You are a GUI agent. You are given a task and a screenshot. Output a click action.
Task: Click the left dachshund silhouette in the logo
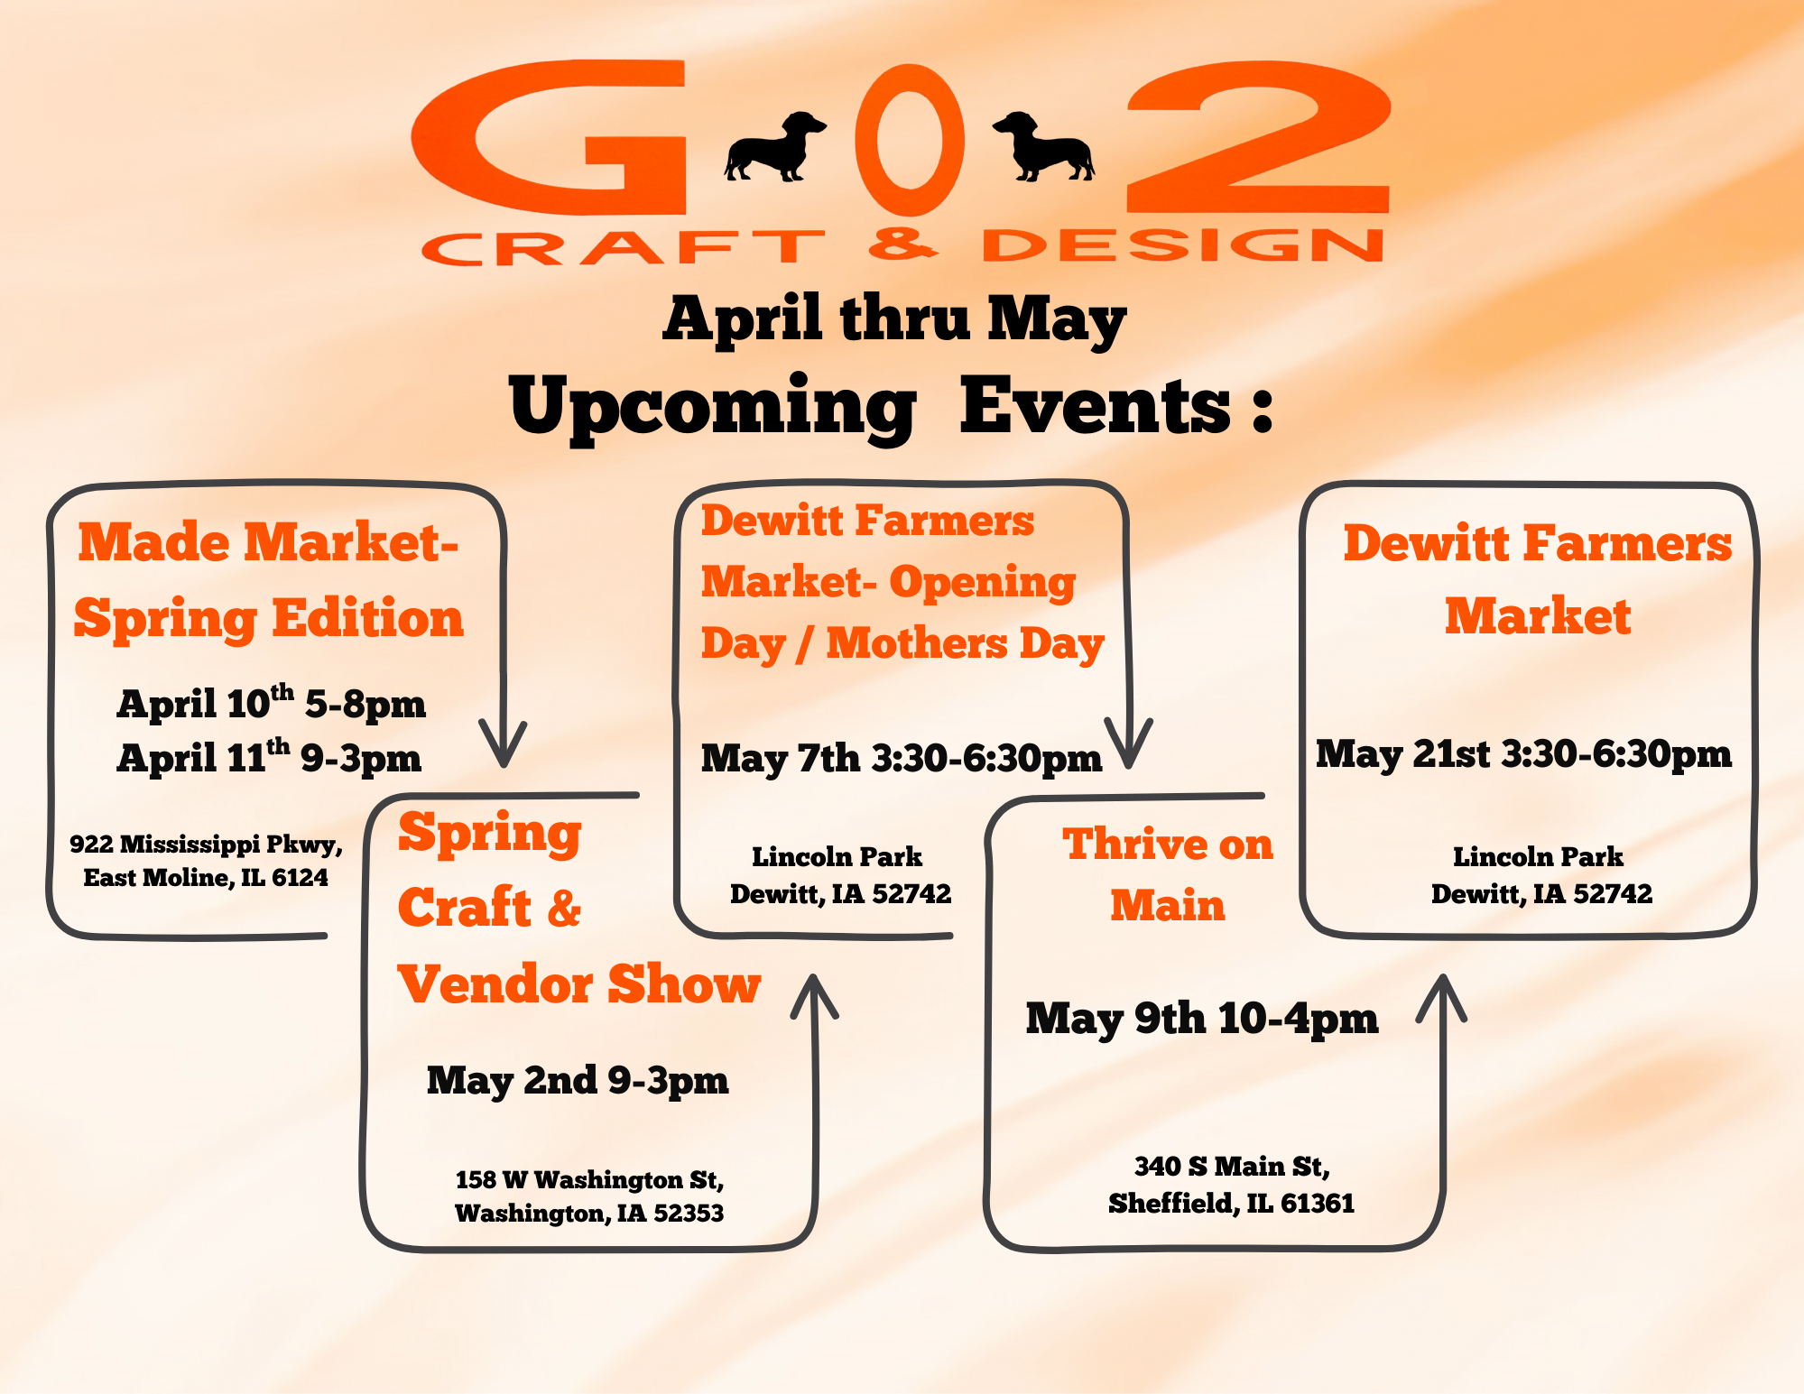click(x=774, y=148)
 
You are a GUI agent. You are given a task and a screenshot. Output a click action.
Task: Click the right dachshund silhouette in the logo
click(x=1045, y=147)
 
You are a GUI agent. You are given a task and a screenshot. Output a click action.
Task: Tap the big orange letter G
click(x=550, y=137)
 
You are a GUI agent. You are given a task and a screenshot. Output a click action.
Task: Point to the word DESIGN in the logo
click(x=1183, y=245)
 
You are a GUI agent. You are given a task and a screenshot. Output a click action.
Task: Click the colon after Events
click(x=1263, y=411)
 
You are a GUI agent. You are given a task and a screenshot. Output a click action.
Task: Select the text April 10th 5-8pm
click(x=271, y=703)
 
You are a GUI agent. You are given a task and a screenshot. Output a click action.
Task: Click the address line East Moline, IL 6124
click(x=206, y=877)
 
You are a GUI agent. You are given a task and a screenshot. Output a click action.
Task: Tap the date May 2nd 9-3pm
click(x=578, y=1080)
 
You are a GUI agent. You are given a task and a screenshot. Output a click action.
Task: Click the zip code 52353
click(x=689, y=1214)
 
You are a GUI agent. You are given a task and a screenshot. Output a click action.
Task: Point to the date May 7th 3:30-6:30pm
click(x=902, y=759)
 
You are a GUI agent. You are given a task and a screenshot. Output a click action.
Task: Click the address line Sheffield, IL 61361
click(x=1232, y=1204)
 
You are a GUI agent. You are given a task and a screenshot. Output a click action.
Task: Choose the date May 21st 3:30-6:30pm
click(x=1523, y=754)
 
